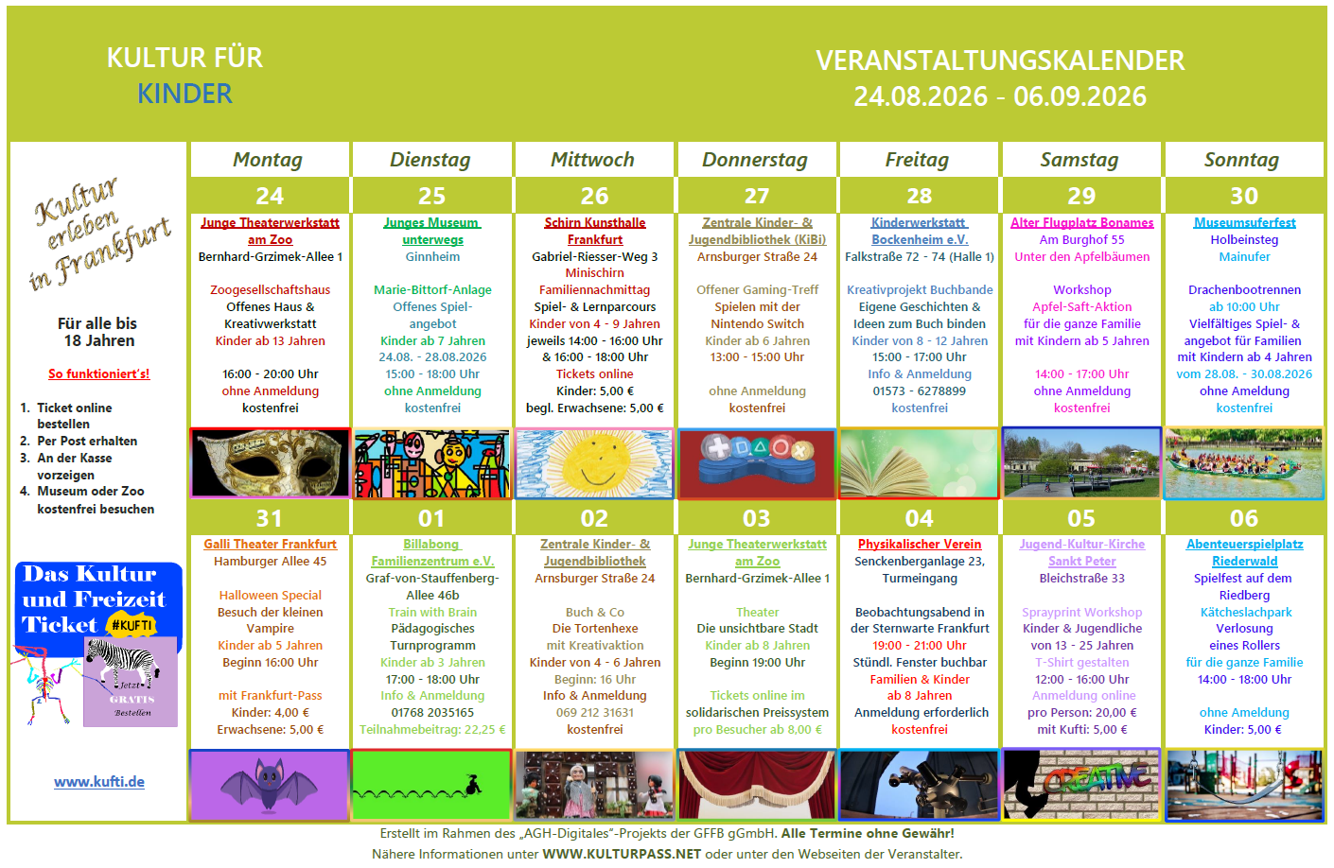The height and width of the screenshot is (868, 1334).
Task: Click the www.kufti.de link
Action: point(98,782)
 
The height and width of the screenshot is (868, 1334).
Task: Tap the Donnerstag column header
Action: point(755,160)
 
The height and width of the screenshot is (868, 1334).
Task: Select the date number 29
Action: point(1081,196)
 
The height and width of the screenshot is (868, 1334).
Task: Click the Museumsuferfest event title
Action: point(1244,222)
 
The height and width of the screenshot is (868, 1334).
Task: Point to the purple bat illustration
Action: point(270,784)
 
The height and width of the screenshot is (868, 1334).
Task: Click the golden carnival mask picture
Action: point(270,462)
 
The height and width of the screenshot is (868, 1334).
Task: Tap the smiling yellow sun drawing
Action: point(594,463)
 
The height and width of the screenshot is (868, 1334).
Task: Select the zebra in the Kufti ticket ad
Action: point(123,662)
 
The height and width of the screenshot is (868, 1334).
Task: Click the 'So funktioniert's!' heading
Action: point(98,373)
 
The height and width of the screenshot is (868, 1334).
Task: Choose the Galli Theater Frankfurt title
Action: point(270,544)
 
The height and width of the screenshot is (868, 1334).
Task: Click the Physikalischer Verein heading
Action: point(920,544)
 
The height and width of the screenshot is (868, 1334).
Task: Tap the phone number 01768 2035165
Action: point(432,713)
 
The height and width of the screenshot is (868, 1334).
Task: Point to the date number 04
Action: point(919,518)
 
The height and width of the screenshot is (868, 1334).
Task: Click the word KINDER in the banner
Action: point(184,94)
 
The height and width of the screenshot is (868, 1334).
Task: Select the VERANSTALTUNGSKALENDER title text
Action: point(1000,61)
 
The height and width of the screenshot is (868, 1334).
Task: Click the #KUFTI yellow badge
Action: point(132,625)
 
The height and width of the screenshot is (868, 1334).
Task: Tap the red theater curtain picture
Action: point(757,785)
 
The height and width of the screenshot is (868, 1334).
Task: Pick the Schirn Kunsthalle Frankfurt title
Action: point(594,231)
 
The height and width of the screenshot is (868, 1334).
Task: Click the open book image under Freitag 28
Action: point(919,463)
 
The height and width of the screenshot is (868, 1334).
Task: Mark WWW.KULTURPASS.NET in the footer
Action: point(622,854)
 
